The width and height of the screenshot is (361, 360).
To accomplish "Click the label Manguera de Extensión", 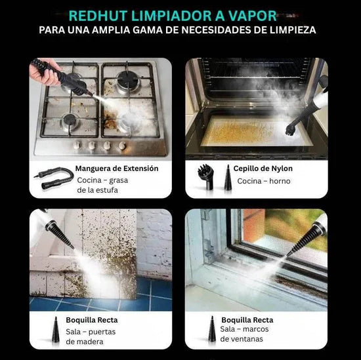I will [x=117, y=169].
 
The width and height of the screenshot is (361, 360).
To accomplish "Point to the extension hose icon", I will [x=53, y=179].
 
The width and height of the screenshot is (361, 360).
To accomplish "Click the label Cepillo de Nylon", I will [x=263, y=169].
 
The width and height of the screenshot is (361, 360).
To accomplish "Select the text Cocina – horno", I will [x=255, y=180].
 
